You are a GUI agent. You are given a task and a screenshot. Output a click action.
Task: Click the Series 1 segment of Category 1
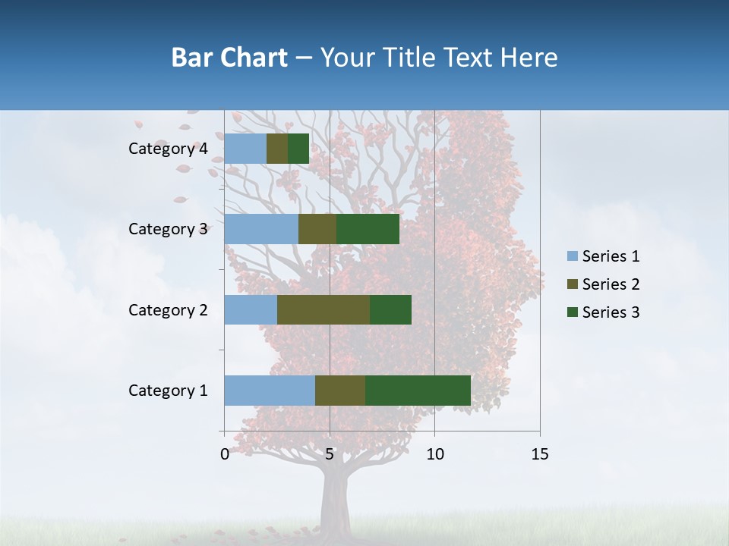[x=270, y=391]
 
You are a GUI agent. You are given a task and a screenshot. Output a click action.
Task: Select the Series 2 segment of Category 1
[x=340, y=391]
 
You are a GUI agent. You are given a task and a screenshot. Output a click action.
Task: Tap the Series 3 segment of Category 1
[x=418, y=391]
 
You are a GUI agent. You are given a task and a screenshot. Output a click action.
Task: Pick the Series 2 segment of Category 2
[x=323, y=309]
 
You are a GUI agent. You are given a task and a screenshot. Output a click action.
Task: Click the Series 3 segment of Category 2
[x=390, y=309]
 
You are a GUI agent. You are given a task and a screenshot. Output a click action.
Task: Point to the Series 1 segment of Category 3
[x=261, y=229]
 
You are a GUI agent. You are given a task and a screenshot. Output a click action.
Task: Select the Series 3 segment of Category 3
[x=368, y=229]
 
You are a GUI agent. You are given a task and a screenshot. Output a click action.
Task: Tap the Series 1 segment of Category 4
[x=245, y=149]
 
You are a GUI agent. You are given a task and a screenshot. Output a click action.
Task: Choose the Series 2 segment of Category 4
[x=277, y=149]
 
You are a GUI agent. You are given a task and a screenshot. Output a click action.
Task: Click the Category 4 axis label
[x=168, y=149]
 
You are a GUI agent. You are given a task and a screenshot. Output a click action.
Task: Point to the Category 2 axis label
[x=168, y=309]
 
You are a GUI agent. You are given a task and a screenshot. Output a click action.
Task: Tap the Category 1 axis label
[x=168, y=391]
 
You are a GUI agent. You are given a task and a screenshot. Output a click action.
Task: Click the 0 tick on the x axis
[x=225, y=454]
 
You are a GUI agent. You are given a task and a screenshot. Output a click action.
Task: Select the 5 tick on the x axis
[x=330, y=454]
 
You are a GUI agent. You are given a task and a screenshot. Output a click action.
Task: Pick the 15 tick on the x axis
[x=539, y=454]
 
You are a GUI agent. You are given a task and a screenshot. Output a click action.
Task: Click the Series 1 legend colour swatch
[x=572, y=256]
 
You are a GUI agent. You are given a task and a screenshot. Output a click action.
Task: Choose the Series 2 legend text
[x=611, y=284]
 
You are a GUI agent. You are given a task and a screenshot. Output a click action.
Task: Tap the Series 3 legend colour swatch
[x=572, y=312]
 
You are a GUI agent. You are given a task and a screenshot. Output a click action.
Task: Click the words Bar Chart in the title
[x=229, y=57]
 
